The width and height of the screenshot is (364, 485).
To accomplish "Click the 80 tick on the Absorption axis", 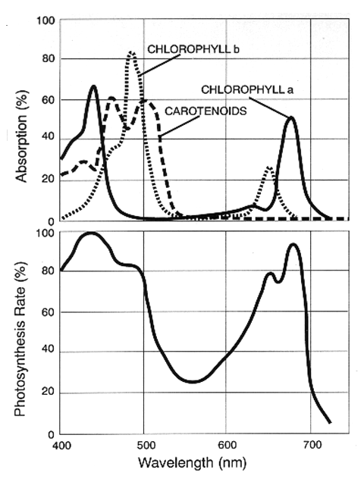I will (47, 58).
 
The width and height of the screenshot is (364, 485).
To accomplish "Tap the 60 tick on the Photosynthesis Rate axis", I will (47, 311).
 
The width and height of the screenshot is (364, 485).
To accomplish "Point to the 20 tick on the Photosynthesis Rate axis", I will (47, 393).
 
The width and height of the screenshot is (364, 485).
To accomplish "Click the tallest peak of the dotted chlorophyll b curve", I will (132, 52).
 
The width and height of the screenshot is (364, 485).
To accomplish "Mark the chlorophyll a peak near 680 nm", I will (290, 117).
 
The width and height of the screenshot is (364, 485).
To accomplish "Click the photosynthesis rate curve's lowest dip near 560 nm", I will (194, 381).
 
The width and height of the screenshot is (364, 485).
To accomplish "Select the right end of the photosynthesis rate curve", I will (331, 423).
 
